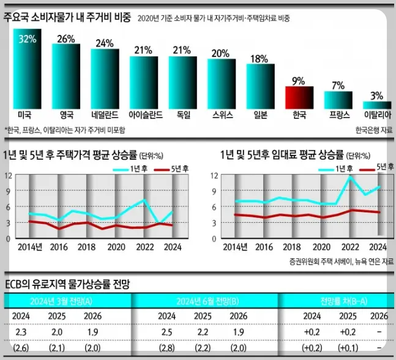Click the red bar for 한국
click(x=300, y=97)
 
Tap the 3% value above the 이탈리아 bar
click(x=376, y=96)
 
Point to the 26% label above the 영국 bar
click(x=66, y=39)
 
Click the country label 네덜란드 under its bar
click(x=105, y=114)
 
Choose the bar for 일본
click(x=260, y=86)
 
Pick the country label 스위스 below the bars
click(x=222, y=114)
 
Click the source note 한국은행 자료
click(x=372, y=130)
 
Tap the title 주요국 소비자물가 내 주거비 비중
click(x=67, y=18)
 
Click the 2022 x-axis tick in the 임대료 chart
click(x=350, y=247)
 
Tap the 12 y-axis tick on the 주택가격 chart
click(x=8, y=175)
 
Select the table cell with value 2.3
click(x=21, y=332)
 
